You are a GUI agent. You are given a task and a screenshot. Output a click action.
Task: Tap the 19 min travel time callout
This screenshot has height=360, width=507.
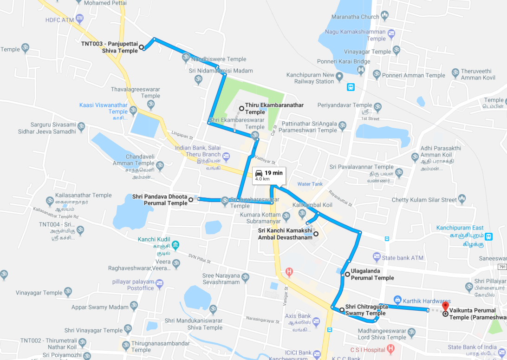click(x=269, y=176)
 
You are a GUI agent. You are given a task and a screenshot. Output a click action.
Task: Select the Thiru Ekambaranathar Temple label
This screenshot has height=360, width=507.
click(x=274, y=108)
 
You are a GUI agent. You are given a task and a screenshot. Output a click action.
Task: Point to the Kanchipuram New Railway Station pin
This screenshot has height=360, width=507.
click(x=339, y=76)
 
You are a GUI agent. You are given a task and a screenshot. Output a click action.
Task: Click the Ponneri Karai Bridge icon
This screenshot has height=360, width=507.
click(x=362, y=70)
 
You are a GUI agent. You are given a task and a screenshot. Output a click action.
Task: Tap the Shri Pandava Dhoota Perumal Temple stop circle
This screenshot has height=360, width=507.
click(x=191, y=200)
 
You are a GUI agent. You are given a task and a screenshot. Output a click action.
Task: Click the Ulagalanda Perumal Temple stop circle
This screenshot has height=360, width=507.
click(x=347, y=275)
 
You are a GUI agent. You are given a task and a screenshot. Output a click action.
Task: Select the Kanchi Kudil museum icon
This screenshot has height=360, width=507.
click(x=175, y=245)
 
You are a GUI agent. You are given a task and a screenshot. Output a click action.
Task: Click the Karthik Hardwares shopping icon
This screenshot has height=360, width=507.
click(x=397, y=300)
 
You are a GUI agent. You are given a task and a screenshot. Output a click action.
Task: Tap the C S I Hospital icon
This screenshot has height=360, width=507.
click(x=391, y=348)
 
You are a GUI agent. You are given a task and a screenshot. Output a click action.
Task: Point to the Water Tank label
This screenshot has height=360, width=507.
click(x=310, y=184)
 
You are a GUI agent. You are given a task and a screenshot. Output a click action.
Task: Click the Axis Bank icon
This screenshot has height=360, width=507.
click(x=316, y=321)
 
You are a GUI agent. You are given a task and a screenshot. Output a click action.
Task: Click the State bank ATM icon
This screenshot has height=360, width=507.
click(x=377, y=256)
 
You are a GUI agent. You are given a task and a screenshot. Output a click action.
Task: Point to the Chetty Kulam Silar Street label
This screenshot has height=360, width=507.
click(x=424, y=200)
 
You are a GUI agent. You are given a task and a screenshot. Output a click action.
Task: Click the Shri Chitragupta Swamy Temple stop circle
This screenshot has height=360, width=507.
click(x=341, y=309)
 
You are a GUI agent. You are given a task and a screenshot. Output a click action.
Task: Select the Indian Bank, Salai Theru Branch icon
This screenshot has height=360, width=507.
click(x=226, y=156)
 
